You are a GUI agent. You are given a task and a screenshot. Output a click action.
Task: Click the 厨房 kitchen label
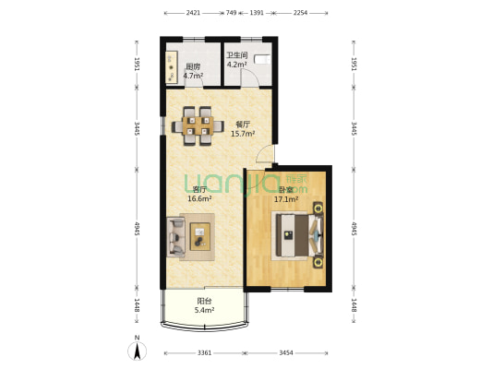pos(194,66)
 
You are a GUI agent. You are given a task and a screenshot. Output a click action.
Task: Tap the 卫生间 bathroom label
pos(238,54)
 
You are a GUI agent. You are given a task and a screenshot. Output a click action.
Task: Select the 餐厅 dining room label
pos(243,124)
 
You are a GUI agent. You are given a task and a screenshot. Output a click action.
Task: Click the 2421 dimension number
pos(193,14)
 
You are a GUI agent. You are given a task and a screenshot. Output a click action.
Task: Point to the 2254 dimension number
pos(301,14)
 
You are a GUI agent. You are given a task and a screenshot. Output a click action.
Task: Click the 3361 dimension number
pos(204,353)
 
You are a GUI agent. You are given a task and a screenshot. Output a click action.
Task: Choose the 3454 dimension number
pos(286,353)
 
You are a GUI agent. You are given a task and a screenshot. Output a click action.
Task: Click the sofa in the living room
pos(176,236)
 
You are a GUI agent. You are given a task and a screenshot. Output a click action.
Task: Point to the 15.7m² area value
pos(243,134)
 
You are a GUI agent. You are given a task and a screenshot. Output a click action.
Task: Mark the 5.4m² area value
pos(204,311)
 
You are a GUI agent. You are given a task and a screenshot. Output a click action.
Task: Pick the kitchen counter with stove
pos(173,65)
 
